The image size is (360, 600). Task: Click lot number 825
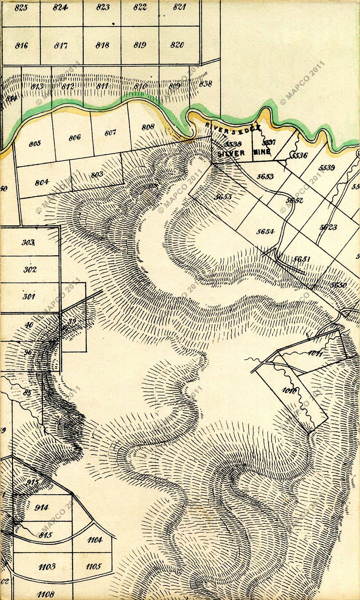21,8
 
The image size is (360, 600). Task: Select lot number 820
177,45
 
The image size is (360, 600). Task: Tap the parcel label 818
102,45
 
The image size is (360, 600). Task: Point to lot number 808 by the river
148,127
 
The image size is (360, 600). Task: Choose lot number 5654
265,231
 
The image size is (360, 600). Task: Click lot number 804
41,181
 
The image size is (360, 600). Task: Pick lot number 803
97,175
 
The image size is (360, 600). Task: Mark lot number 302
30,270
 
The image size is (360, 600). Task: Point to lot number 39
71,322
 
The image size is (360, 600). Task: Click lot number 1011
315,354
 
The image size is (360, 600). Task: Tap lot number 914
41,508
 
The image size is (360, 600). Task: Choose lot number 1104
94,541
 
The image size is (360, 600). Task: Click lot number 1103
47,566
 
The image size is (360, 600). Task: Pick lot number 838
205,83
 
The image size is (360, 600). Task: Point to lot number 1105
93,567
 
